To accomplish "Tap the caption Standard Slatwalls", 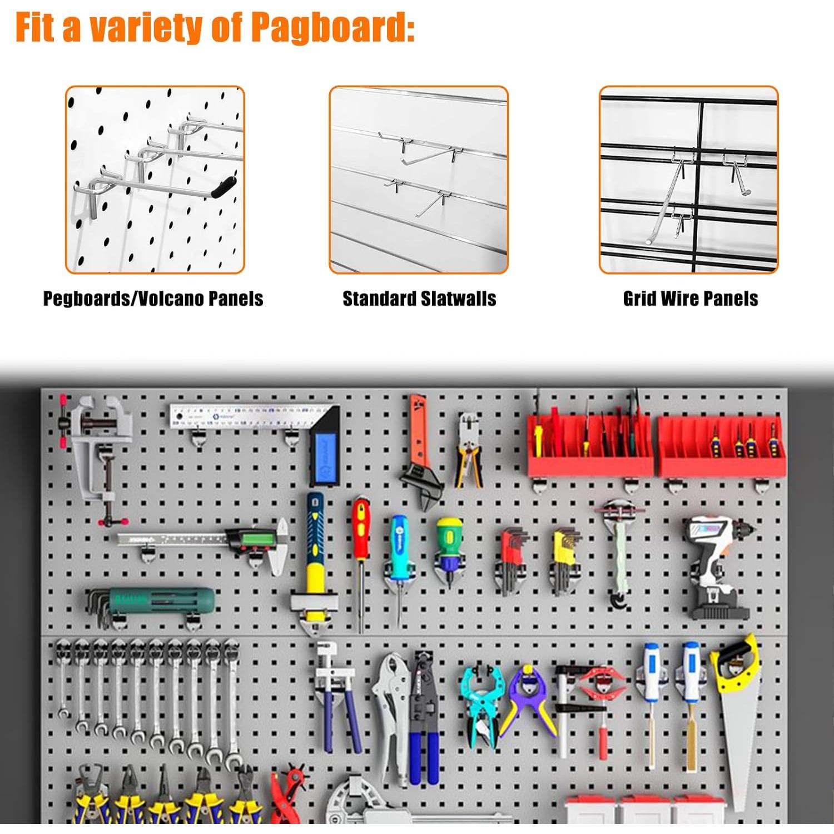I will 419,299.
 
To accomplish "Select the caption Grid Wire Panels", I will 690,299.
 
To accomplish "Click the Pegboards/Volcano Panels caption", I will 153,299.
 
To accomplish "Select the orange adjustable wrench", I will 420,450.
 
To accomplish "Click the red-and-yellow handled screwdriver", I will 361,534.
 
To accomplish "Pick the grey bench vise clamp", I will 97,450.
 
